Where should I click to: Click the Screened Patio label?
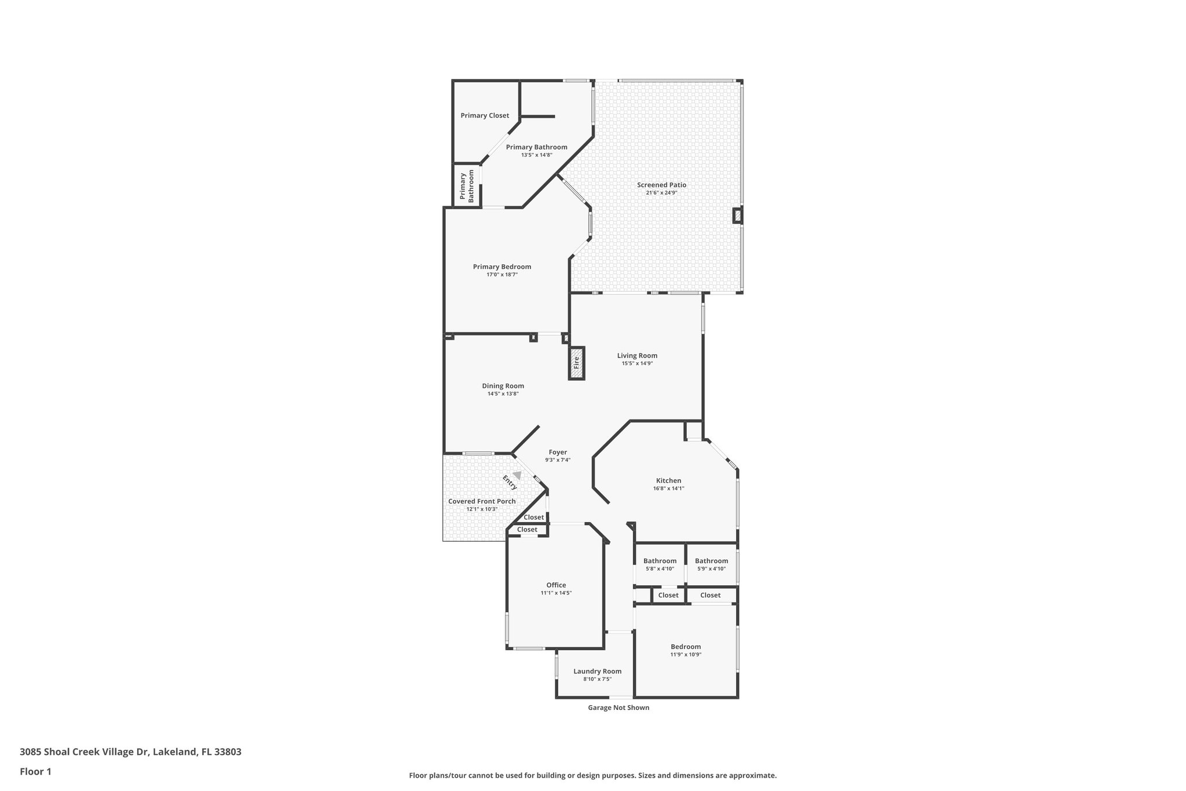[x=661, y=185]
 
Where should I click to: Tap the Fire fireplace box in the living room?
[x=576, y=363]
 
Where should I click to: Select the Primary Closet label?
[x=485, y=115]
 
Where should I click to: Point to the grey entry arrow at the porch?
[x=517, y=475]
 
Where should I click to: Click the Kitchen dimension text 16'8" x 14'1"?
[x=668, y=489]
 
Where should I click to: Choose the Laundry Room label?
[x=597, y=671]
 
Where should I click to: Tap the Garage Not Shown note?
[x=618, y=708]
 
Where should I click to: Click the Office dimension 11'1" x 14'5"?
[x=556, y=593]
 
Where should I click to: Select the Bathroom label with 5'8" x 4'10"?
[x=660, y=561]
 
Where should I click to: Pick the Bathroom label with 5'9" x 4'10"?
[x=711, y=561]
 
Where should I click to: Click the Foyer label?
[x=558, y=452]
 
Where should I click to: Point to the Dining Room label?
[x=503, y=386]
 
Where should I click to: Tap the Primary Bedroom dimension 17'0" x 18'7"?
[x=502, y=275]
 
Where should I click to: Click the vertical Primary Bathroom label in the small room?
[x=467, y=186]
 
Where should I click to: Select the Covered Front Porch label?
[x=482, y=501]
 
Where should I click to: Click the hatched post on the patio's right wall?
[x=737, y=216]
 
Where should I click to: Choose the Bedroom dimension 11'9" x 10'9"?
[x=686, y=655]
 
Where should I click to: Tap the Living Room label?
[x=637, y=356]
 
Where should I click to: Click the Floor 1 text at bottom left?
[x=35, y=771]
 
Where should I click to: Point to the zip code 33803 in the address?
[x=228, y=752]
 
